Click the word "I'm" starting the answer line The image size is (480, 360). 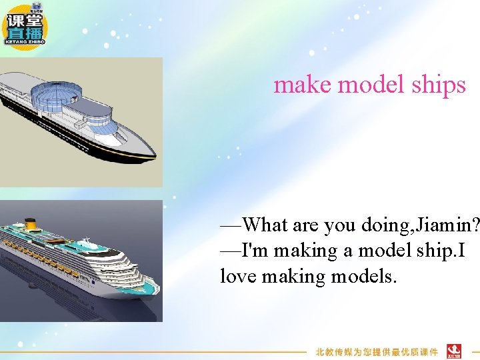pos(256,251)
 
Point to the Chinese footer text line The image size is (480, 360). pos(377,351)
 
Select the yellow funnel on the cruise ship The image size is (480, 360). pos(30,223)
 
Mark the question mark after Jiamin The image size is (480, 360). pos(475,226)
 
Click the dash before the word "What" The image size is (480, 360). pos(231,226)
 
